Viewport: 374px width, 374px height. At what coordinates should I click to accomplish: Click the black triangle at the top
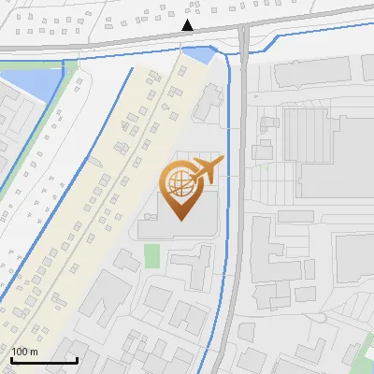[x=188, y=25]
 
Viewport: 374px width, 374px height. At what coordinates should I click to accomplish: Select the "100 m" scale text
[x=24, y=351]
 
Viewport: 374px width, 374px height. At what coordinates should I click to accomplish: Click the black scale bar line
[x=44, y=360]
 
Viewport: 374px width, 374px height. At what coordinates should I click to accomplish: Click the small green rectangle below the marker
[x=151, y=253]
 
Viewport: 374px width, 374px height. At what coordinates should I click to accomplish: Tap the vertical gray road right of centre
[x=241, y=187]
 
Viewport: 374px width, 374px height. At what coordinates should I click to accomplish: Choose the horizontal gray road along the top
[x=112, y=43]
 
